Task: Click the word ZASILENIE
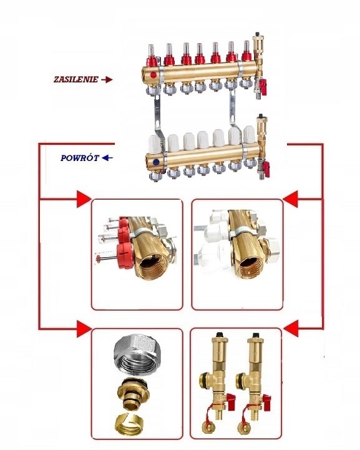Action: (x=76, y=79)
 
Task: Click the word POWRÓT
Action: (x=80, y=158)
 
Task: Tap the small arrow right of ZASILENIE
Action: (x=107, y=80)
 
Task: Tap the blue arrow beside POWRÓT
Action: (x=107, y=158)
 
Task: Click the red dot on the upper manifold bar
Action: (x=153, y=75)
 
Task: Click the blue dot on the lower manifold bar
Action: (x=157, y=162)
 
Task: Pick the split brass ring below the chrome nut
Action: (x=129, y=424)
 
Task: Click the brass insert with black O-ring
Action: (x=134, y=394)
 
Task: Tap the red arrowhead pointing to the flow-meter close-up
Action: (x=84, y=198)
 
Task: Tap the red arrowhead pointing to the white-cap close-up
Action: (x=290, y=198)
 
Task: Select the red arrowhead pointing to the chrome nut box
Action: (x=84, y=329)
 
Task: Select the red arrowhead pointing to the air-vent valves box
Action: (x=291, y=328)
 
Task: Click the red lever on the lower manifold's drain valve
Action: (x=266, y=166)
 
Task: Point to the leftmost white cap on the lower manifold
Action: (x=155, y=144)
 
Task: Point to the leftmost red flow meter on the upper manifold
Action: (x=152, y=56)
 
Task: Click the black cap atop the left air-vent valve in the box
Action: (x=220, y=335)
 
